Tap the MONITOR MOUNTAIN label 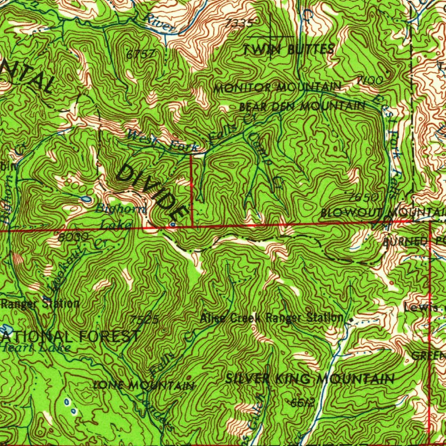pyautogui.click(x=277, y=87)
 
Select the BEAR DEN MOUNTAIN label pyautogui.click(x=302, y=106)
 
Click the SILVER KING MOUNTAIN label pyautogui.click(x=310, y=379)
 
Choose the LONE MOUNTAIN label pyautogui.click(x=144, y=385)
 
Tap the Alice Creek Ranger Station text pyautogui.click(x=272, y=318)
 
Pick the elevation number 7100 pyautogui.click(x=370, y=80)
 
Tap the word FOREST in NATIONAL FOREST pyautogui.click(x=108, y=336)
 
